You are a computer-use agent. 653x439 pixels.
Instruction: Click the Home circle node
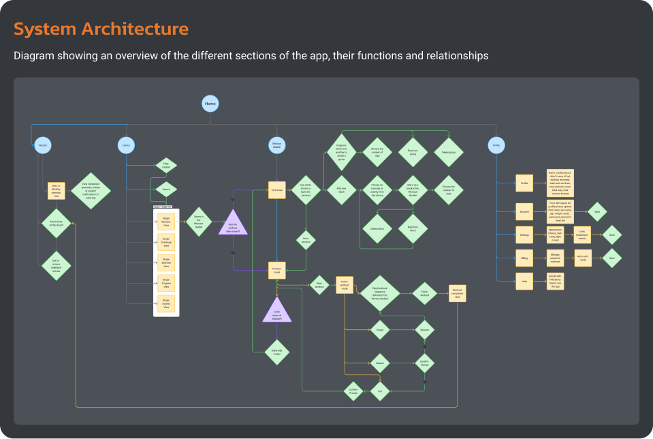[x=210, y=104]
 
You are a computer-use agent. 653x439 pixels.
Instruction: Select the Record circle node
[x=42, y=145]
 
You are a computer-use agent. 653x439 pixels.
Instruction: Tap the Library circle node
[x=125, y=145]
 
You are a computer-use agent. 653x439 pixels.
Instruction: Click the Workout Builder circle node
[x=276, y=145]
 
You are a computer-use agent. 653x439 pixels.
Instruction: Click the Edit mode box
[x=276, y=191]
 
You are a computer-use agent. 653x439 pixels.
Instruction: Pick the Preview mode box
[x=276, y=270]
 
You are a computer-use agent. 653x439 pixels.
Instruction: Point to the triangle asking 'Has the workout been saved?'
[x=233, y=222]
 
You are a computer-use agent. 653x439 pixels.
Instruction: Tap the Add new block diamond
[x=342, y=191]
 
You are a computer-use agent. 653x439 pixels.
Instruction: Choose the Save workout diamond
[x=306, y=239]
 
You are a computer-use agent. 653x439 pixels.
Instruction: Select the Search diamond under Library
[x=166, y=189]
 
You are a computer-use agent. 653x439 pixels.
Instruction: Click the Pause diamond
[x=379, y=330]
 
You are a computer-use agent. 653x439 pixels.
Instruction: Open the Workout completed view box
[x=458, y=293]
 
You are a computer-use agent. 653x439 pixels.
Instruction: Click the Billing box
[x=524, y=258]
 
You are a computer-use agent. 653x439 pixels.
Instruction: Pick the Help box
[x=524, y=281]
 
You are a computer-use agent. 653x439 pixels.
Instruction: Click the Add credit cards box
[x=584, y=258]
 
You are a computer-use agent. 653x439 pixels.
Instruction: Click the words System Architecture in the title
[x=101, y=29]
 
